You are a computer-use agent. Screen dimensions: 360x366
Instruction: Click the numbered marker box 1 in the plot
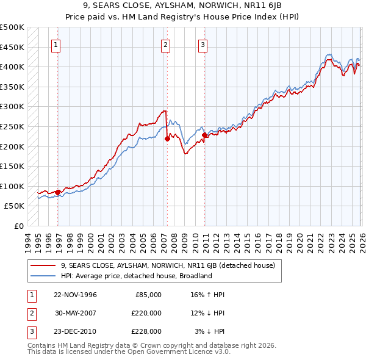coord(56,44)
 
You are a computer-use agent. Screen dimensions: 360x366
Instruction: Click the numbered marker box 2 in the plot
coord(165,44)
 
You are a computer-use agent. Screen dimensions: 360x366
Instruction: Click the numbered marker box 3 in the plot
coord(203,44)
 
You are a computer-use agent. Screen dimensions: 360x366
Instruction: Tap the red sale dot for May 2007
coord(167,139)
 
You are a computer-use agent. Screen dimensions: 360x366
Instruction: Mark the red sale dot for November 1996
coord(58,192)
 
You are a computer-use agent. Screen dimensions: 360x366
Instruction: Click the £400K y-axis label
coord(12,67)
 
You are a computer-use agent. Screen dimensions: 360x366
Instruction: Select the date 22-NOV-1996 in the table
coord(75,294)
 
